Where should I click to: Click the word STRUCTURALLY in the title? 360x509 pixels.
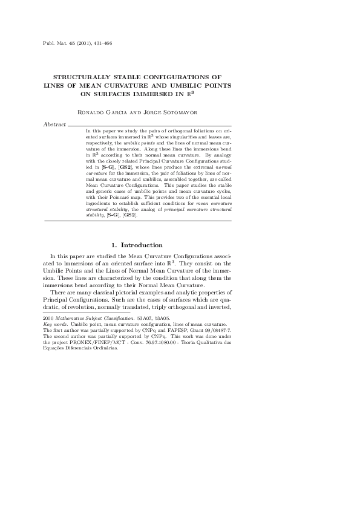86,77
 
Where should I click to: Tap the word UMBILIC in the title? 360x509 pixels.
175,85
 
